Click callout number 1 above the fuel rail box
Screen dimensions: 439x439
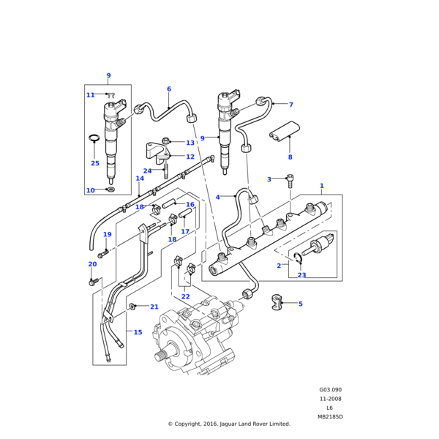[321, 187]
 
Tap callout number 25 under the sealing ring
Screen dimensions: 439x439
[95, 163]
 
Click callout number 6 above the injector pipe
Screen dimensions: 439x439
[169, 89]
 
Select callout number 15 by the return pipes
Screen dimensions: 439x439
[138, 332]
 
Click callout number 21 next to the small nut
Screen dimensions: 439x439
[154, 307]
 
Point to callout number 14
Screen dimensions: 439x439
[140, 179]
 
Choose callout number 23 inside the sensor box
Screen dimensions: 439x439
[301, 275]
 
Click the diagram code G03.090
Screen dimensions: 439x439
[330, 390]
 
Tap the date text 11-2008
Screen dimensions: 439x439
[330, 399]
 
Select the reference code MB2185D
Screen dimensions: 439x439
[330, 416]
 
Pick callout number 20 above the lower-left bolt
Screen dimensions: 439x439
[92, 264]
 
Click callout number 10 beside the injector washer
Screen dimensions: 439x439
[90, 190]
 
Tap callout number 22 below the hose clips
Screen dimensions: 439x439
[185, 296]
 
